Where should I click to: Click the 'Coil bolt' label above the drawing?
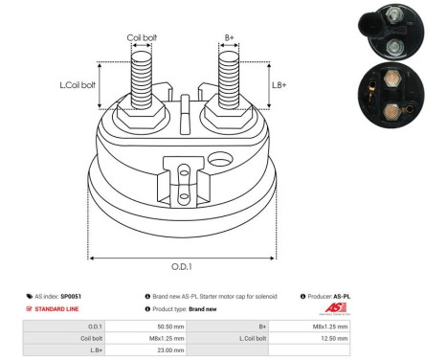coord(142,38)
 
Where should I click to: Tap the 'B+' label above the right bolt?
coord(230,38)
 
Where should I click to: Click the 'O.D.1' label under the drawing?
coord(182,267)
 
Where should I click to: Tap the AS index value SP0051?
coord(70,297)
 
